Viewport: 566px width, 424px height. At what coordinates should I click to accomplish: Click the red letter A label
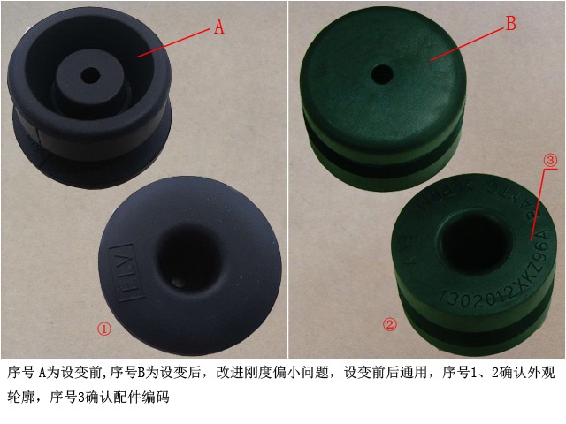click(219, 27)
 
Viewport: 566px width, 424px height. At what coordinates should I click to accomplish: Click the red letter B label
click(509, 25)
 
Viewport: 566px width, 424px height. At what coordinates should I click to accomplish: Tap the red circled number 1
click(104, 329)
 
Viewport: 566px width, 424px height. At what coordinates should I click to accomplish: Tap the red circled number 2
click(389, 324)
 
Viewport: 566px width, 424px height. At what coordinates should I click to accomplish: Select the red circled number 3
click(549, 161)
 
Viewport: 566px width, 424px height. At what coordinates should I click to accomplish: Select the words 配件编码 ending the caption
click(138, 397)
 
